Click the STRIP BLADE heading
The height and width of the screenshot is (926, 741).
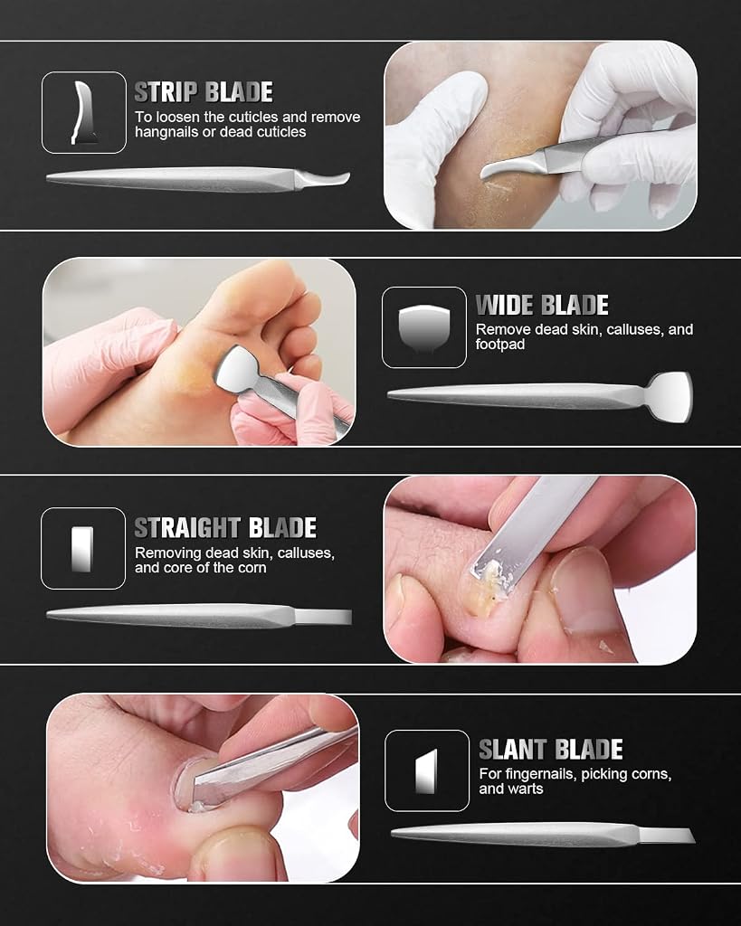pos(204,92)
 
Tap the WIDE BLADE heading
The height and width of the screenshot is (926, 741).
pos(542,306)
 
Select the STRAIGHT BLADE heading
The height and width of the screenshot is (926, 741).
pos(225,528)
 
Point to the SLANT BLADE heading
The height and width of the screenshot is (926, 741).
pos(551,750)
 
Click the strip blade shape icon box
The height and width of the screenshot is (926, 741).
pos(84,112)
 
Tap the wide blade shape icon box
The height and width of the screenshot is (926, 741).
pos(424,327)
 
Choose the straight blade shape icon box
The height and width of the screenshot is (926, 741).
pos(83,549)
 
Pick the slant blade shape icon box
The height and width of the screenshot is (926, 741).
pos(427,770)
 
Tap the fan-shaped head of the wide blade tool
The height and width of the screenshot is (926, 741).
pos(670,396)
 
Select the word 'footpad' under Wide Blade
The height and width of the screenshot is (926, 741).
pos(500,345)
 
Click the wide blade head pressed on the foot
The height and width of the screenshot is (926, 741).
pos(238,367)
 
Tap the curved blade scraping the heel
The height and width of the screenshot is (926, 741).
pos(508,165)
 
